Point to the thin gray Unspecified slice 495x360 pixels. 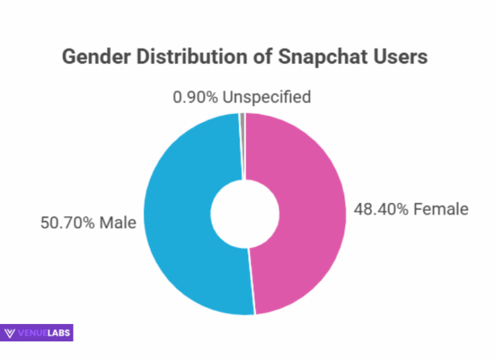point(242,118)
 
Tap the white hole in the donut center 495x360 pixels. point(245,213)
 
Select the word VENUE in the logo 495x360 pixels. point(32,333)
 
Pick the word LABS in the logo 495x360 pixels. point(59,333)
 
